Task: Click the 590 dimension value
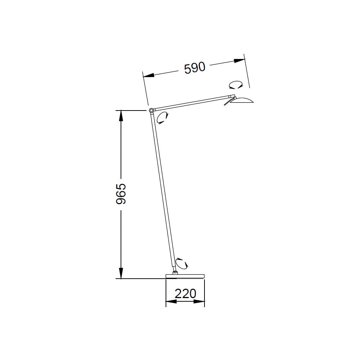coord(194,68)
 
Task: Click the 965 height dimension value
coord(121,194)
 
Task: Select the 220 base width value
coord(185,294)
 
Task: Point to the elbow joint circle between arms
coord(151,110)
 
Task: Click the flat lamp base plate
coord(185,276)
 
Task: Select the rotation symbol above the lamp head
coord(236,85)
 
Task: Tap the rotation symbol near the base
coord(182,264)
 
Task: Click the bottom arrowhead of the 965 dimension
coord(121,273)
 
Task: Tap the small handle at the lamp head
coord(228,103)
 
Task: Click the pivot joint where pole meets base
coord(175,272)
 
